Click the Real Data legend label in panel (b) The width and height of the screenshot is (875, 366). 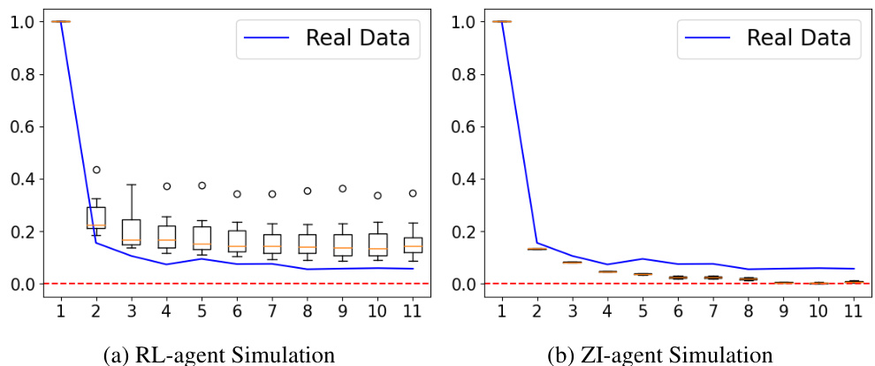coord(798,38)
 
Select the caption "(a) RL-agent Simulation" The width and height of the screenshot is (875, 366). coord(219,355)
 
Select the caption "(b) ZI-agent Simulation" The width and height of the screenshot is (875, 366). coord(659,355)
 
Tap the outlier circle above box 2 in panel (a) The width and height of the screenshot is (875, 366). coord(95,170)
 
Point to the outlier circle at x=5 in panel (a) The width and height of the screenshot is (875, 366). coord(201,186)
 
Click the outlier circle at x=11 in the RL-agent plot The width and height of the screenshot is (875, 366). coord(412,193)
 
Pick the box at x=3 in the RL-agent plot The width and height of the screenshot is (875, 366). coord(131,232)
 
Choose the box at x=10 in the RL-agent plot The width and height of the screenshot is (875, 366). coord(377,245)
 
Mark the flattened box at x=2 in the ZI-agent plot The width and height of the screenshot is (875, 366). coord(536,249)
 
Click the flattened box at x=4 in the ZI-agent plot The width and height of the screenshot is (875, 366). coord(606,271)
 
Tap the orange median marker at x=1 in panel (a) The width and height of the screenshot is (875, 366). coord(61,21)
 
